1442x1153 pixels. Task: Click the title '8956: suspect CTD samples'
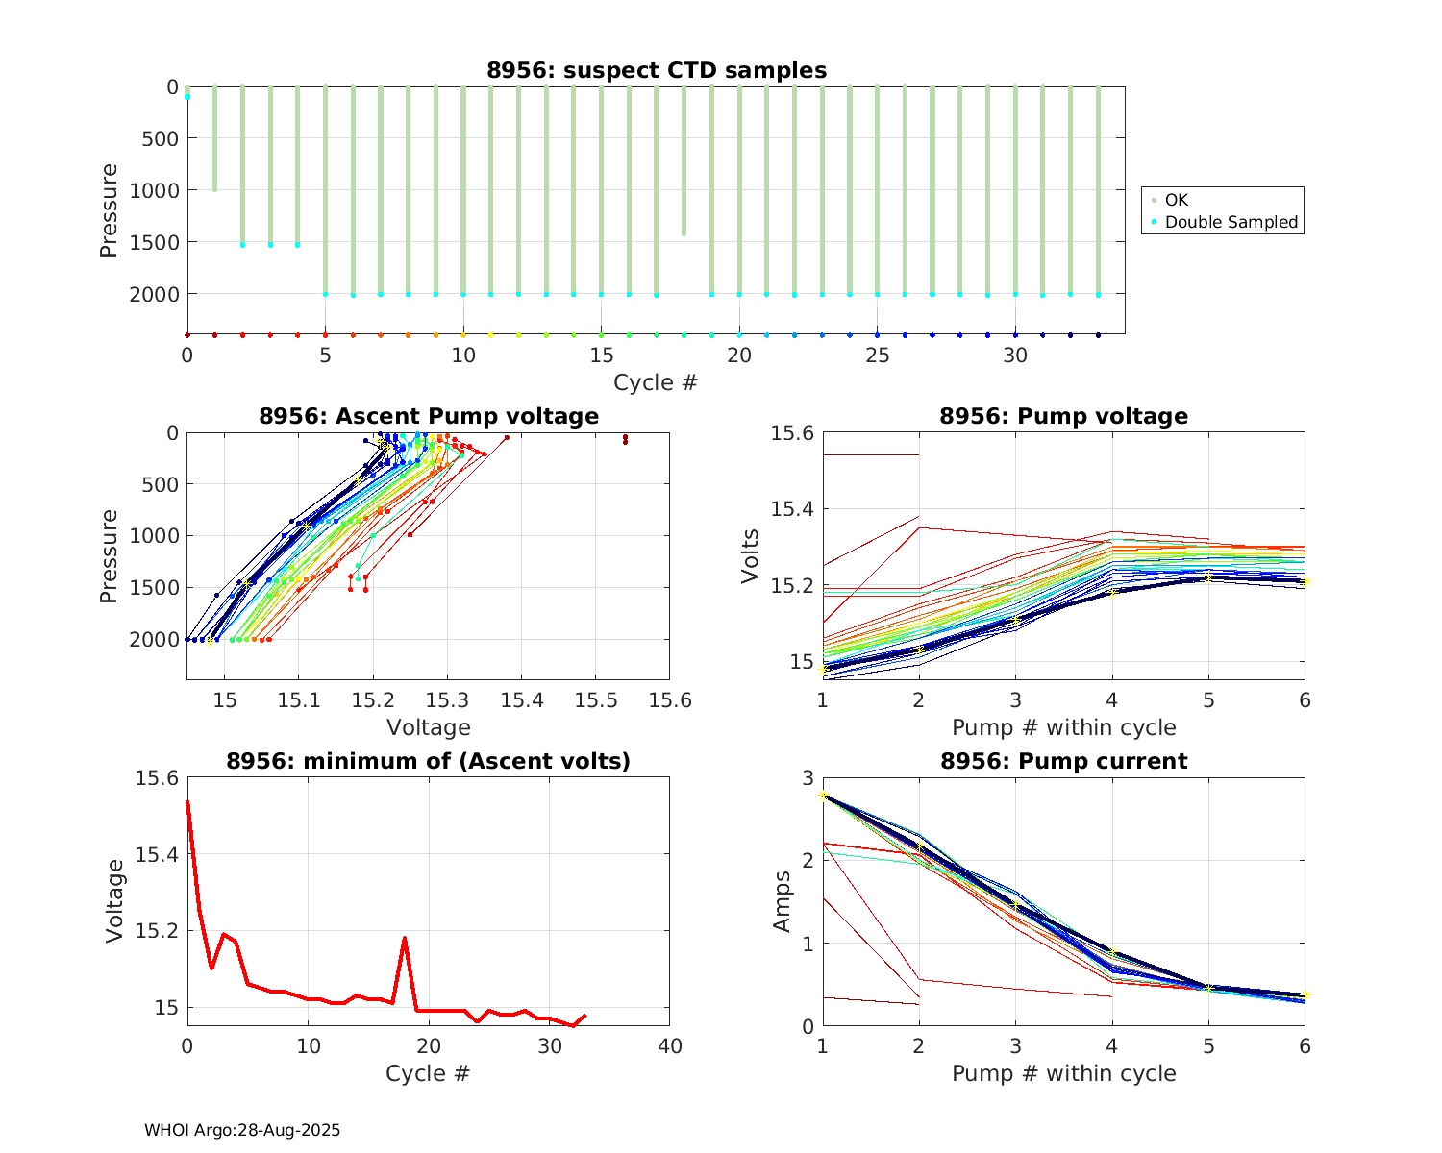pos(656,70)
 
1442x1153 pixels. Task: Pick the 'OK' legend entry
pos(1177,200)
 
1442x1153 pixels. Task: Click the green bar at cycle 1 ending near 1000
pos(214,139)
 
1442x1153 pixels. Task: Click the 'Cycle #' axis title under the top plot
pos(656,382)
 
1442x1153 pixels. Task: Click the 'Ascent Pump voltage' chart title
pos(429,416)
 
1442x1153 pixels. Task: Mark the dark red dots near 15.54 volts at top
pos(625,439)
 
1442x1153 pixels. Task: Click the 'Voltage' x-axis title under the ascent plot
pos(429,727)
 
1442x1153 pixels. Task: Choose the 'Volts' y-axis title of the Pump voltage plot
pos(751,557)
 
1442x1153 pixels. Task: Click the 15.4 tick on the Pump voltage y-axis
pos(791,509)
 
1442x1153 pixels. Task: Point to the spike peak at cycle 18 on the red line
pos(405,938)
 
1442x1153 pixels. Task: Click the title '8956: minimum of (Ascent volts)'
pos(429,761)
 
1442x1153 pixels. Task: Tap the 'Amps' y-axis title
pos(783,901)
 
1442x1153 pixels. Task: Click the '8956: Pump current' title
pos(1063,761)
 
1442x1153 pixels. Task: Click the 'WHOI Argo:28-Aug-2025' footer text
pos(242,1131)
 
